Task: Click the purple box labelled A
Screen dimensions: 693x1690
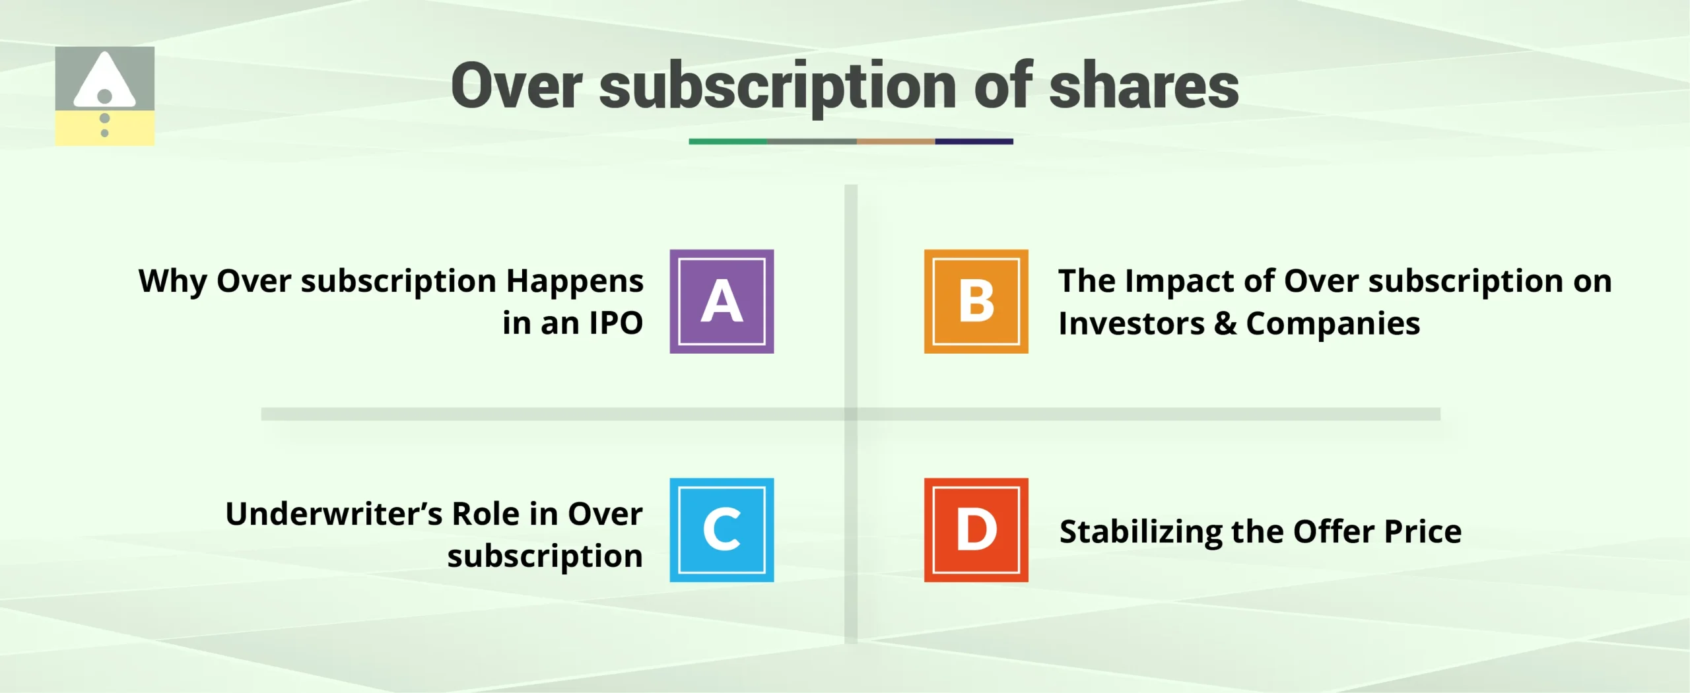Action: tap(722, 302)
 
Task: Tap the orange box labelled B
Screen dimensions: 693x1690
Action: tap(976, 302)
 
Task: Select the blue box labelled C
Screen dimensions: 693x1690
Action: tap(722, 530)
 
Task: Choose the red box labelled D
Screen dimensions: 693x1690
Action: tap(976, 530)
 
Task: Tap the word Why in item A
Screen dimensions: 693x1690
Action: tap(172, 282)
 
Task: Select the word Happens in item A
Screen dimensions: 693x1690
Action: tap(574, 282)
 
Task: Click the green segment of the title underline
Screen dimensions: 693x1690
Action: tap(727, 141)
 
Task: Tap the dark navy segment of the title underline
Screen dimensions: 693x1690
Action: tap(974, 141)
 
